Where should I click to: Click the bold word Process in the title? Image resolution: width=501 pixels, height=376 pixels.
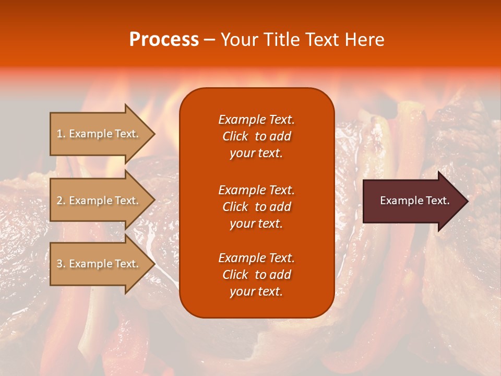[x=163, y=40]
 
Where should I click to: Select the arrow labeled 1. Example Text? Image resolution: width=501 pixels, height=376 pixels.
[x=98, y=134]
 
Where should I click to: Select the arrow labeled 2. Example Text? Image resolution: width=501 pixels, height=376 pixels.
[x=98, y=201]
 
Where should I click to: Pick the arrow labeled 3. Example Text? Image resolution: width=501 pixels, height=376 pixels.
[x=98, y=264]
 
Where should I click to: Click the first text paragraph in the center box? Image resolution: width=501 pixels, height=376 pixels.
[x=256, y=136]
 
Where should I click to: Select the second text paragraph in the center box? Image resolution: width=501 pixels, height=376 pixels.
[x=256, y=207]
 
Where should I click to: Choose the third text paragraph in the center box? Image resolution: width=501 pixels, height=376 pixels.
[x=256, y=275]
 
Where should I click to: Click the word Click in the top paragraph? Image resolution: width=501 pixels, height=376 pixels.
[x=235, y=136]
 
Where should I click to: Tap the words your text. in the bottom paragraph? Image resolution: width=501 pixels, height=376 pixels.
[x=256, y=291]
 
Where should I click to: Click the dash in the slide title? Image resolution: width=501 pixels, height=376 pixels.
[x=209, y=40]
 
